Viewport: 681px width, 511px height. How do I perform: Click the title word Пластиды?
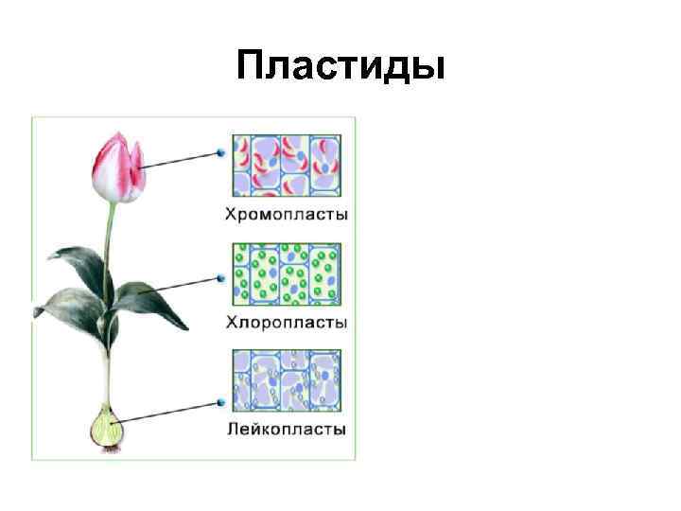click(340, 65)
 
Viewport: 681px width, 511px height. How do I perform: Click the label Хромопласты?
click(287, 215)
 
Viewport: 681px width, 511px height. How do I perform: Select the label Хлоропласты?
click(287, 323)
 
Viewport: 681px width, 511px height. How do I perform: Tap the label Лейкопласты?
click(287, 429)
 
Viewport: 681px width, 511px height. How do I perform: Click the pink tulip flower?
click(116, 168)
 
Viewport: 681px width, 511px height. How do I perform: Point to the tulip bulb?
click(106, 430)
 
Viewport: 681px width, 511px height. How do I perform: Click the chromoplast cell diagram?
click(287, 166)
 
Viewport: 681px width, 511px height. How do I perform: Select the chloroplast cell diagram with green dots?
click(287, 273)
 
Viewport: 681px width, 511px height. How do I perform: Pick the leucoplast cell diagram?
click(287, 380)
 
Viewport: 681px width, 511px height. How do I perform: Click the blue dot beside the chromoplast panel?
click(221, 152)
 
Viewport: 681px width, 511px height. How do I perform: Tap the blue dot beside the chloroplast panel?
click(221, 278)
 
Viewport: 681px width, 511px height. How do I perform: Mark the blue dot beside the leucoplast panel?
click(221, 401)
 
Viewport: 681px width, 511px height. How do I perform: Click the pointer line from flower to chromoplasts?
click(180, 159)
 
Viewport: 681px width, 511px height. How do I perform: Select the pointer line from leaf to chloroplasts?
click(180, 285)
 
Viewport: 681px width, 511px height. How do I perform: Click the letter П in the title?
click(252, 65)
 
